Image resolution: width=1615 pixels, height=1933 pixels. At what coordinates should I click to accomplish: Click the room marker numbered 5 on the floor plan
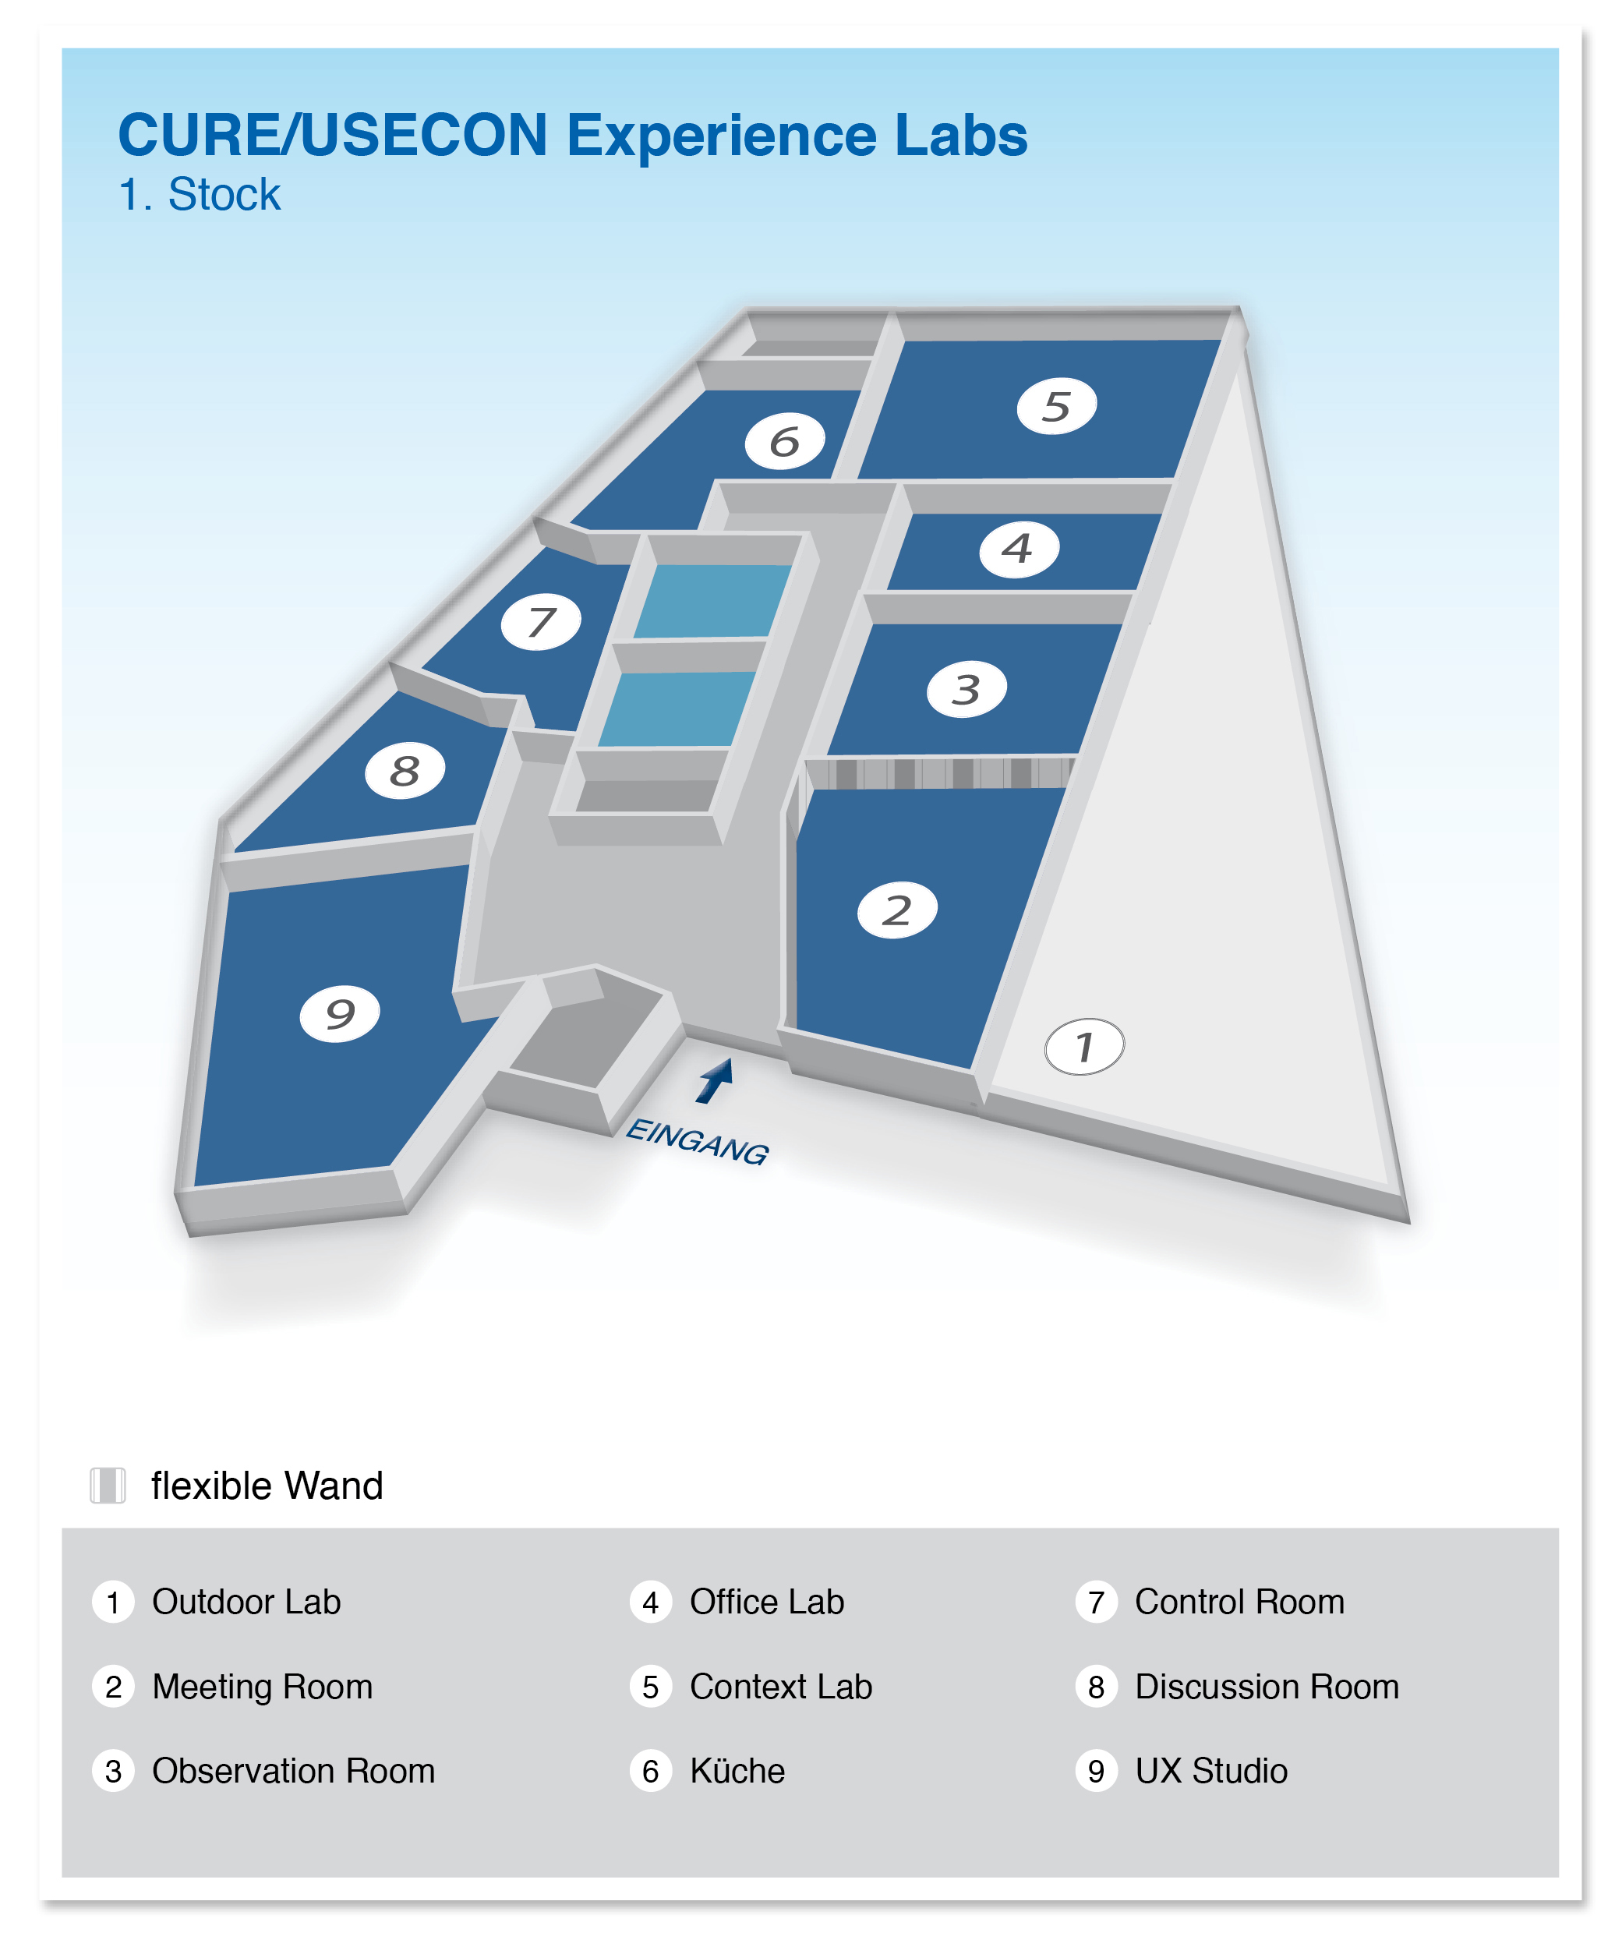1056,406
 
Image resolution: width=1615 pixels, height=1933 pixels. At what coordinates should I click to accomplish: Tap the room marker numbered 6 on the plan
784,442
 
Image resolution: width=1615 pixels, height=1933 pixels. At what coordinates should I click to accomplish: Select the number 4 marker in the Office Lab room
1018,550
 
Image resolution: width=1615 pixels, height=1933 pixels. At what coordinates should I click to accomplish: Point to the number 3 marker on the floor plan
967,688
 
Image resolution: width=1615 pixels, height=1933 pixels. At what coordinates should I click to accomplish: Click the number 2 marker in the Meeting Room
897,910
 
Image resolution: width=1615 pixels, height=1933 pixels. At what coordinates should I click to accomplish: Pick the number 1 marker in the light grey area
1084,1046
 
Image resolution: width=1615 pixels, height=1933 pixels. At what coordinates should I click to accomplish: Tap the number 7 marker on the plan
541,622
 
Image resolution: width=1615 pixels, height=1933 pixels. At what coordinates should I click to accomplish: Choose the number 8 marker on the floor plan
405,770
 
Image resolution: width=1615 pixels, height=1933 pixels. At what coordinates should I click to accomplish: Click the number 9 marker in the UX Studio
341,1013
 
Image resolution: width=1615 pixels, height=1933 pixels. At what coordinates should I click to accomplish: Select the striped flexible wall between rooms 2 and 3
938,772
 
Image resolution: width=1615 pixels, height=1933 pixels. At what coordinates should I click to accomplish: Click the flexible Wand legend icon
108,1486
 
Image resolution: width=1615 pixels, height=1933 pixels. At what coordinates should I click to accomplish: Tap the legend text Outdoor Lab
246,1603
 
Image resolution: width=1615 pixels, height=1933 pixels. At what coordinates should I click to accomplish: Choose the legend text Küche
737,1772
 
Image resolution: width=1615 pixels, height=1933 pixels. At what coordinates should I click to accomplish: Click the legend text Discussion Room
1267,1687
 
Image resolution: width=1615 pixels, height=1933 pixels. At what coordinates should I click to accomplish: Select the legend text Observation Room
292,1772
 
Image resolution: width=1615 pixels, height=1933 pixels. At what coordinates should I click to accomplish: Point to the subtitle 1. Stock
200,195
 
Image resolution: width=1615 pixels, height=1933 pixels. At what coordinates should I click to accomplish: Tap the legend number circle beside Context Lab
651,1687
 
